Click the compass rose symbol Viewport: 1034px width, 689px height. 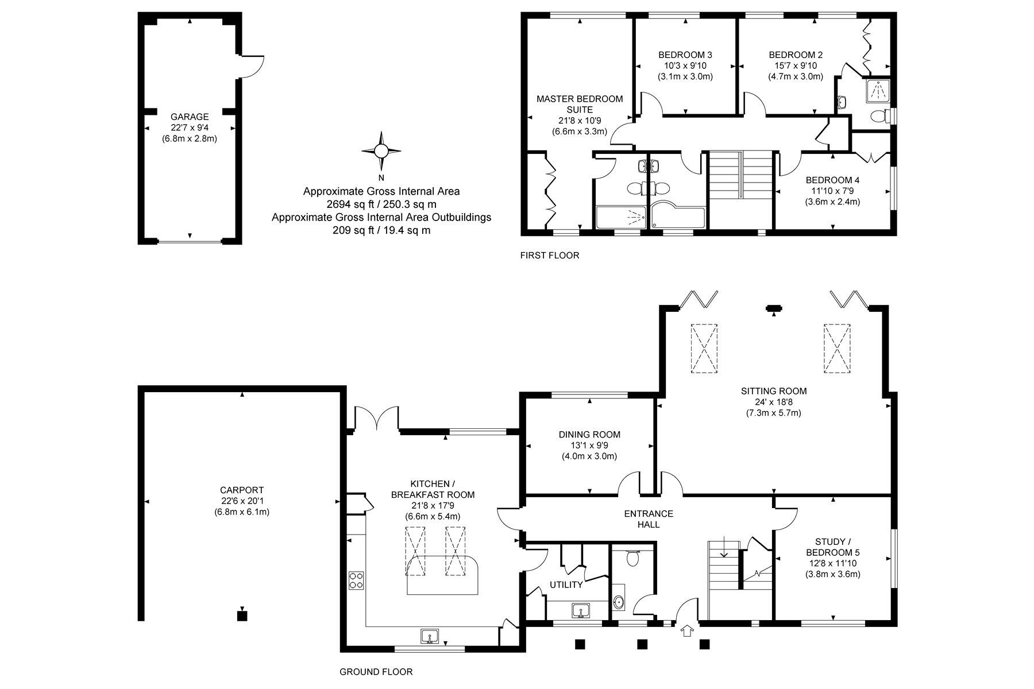[x=381, y=151]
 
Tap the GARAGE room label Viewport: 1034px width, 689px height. [x=190, y=117]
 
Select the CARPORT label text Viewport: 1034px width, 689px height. [x=242, y=490]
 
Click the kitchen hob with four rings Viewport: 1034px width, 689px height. [x=356, y=580]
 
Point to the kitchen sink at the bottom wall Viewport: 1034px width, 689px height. [x=430, y=636]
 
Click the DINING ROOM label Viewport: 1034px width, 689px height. [x=589, y=435]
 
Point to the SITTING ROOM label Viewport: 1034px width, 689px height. [x=774, y=391]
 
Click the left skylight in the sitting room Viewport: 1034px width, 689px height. [x=704, y=349]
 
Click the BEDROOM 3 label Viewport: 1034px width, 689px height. [x=685, y=55]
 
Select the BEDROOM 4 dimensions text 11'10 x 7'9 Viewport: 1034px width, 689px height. [x=832, y=191]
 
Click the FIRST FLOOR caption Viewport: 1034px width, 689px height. [x=550, y=256]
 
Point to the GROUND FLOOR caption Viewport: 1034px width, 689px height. [x=376, y=672]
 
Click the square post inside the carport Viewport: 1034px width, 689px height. [x=242, y=616]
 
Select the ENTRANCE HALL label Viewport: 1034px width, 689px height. [x=649, y=519]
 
